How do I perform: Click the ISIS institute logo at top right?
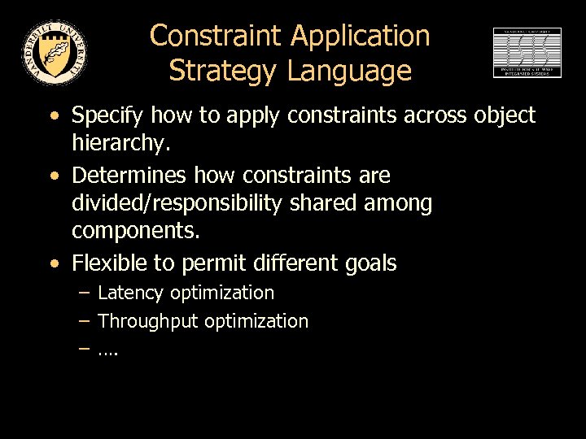[x=527, y=53]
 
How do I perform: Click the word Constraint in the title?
[x=216, y=36]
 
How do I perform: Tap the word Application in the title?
[x=361, y=36]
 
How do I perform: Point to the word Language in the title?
[x=349, y=72]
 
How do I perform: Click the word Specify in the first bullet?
[x=105, y=117]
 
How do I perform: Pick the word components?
[x=135, y=231]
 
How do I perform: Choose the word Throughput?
[x=148, y=321]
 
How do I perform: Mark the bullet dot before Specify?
[x=54, y=116]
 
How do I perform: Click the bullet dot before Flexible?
[x=54, y=263]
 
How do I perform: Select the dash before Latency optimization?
[x=84, y=292]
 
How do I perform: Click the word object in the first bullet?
[x=505, y=117]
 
